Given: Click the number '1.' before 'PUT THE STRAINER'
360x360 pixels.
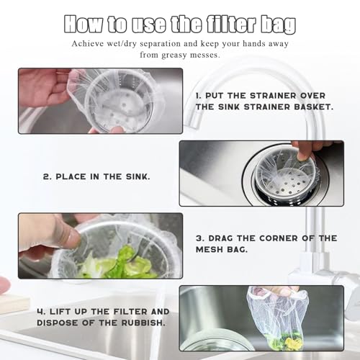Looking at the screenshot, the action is pos(199,96).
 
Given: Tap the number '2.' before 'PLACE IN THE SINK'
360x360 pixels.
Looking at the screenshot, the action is pos(48,177).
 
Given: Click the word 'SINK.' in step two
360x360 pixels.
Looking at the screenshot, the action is pos(138,177).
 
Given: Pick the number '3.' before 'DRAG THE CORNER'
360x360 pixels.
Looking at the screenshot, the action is pos(200,238).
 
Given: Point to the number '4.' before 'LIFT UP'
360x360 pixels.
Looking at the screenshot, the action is pos(41,312).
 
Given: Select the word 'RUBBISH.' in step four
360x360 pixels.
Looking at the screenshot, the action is pos(143,323).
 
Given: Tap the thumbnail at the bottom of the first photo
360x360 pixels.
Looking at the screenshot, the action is pos(118,130).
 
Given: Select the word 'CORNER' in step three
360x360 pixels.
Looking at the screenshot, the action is pos(279,238).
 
